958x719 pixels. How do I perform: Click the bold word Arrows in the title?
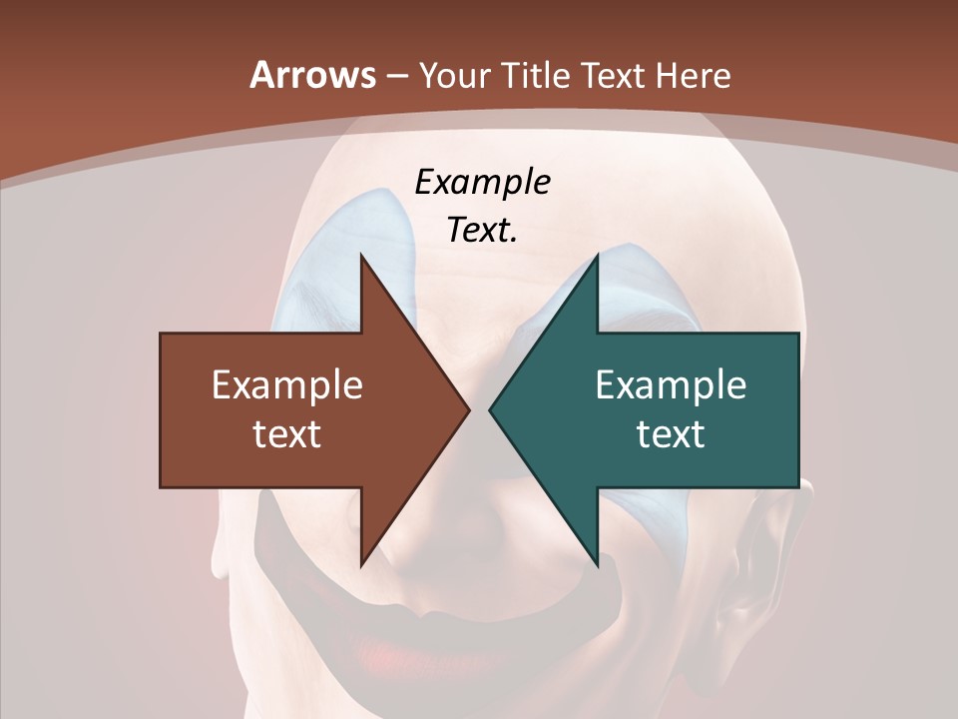[x=313, y=75]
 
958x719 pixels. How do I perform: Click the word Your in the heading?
[x=449, y=75]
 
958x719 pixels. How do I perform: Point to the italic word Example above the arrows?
[x=482, y=182]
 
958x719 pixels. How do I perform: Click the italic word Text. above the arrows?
[x=482, y=230]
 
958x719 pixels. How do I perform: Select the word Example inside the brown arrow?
[x=287, y=385]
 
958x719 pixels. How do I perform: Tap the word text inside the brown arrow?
[x=287, y=433]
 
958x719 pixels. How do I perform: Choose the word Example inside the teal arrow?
[x=671, y=385]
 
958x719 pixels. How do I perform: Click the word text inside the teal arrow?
[x=671, y=433]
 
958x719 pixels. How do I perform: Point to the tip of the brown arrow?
[x=468, y=409]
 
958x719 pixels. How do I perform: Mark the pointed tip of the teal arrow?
[x=490, y=409]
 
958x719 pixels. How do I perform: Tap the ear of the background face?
[x=788, y=559]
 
